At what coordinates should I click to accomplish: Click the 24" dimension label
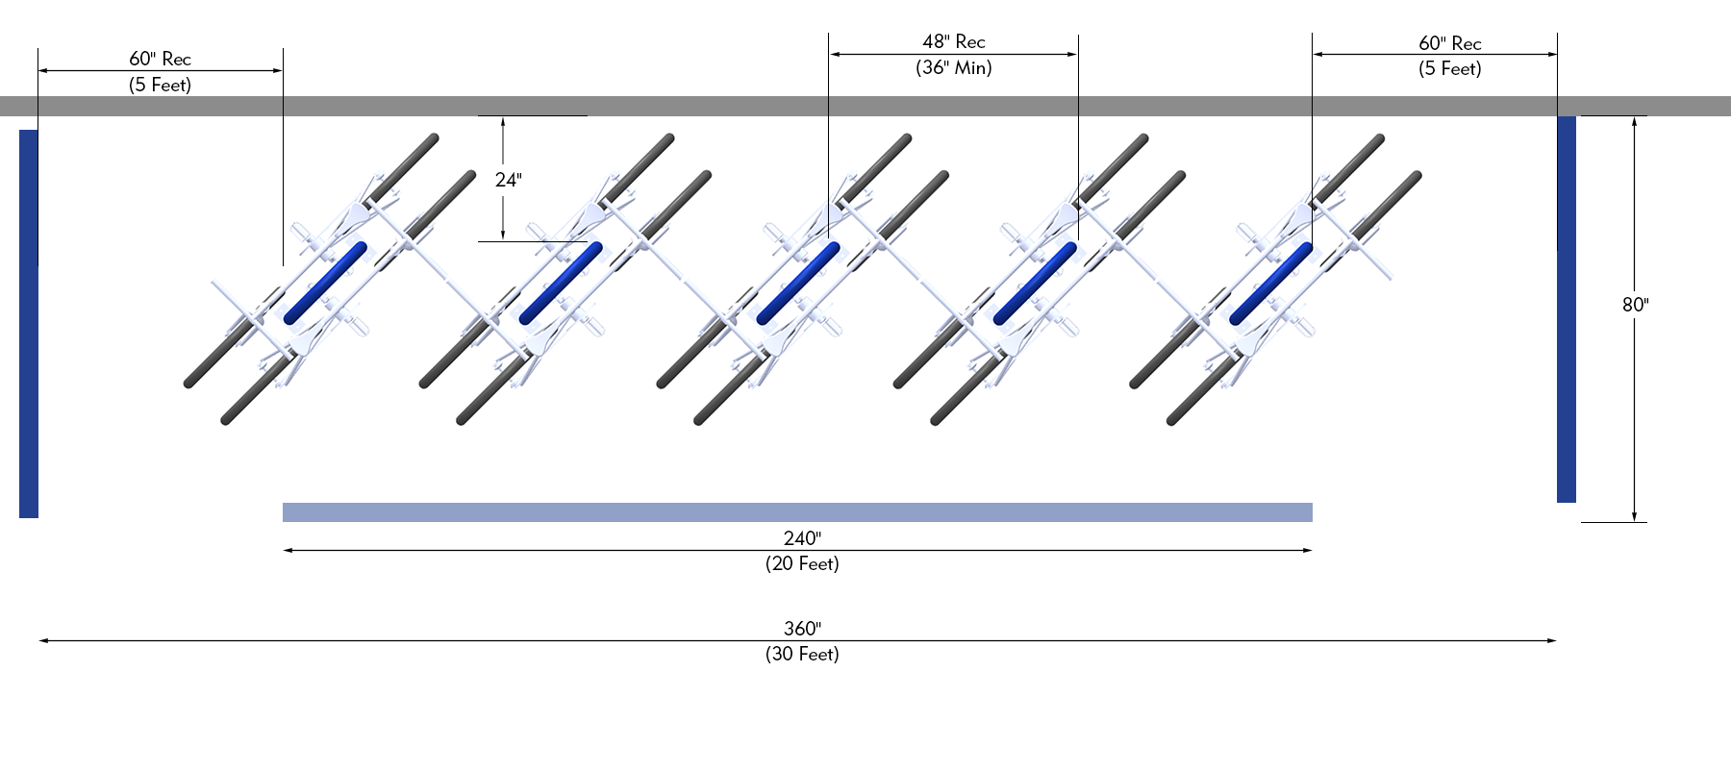(508, 180)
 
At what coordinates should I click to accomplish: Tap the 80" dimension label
(1635, 305)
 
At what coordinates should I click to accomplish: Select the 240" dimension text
(802, 538)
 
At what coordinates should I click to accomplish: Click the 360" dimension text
(802, 629)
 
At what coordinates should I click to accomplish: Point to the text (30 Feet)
(802, 654)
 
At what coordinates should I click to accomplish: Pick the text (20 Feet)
(802, 563)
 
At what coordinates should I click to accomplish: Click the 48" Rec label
(953, 41)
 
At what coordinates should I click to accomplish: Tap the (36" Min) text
(953, 67)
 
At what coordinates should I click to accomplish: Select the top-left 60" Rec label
(160, 59)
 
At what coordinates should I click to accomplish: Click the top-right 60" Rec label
(1449, 43)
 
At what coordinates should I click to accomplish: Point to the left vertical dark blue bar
(29, 324)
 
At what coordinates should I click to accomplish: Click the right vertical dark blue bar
(1567, 309)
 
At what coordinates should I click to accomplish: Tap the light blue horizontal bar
(797, 512)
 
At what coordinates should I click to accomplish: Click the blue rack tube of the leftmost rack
(325, 283)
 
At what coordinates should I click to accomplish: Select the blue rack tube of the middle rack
(798, 283)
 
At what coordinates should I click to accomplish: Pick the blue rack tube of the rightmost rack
(1270, 283)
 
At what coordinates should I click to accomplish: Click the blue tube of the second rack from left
(561, 283)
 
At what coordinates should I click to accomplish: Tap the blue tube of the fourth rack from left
(1035, 283)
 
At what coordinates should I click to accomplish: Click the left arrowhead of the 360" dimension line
(43, 640)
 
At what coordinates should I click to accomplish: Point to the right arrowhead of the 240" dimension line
(1308, 550)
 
